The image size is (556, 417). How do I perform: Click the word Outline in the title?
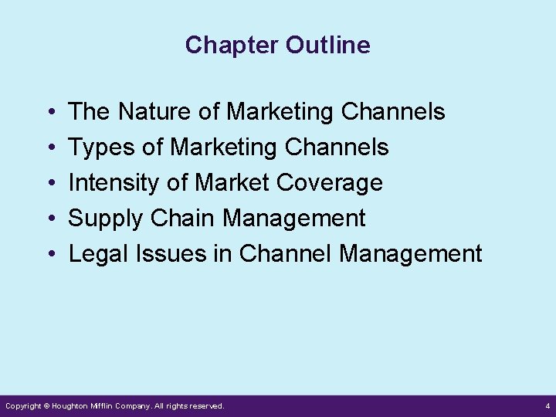(327, 46)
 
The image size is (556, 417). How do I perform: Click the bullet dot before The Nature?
(49, 113)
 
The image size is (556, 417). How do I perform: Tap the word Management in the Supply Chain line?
(294, 219)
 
